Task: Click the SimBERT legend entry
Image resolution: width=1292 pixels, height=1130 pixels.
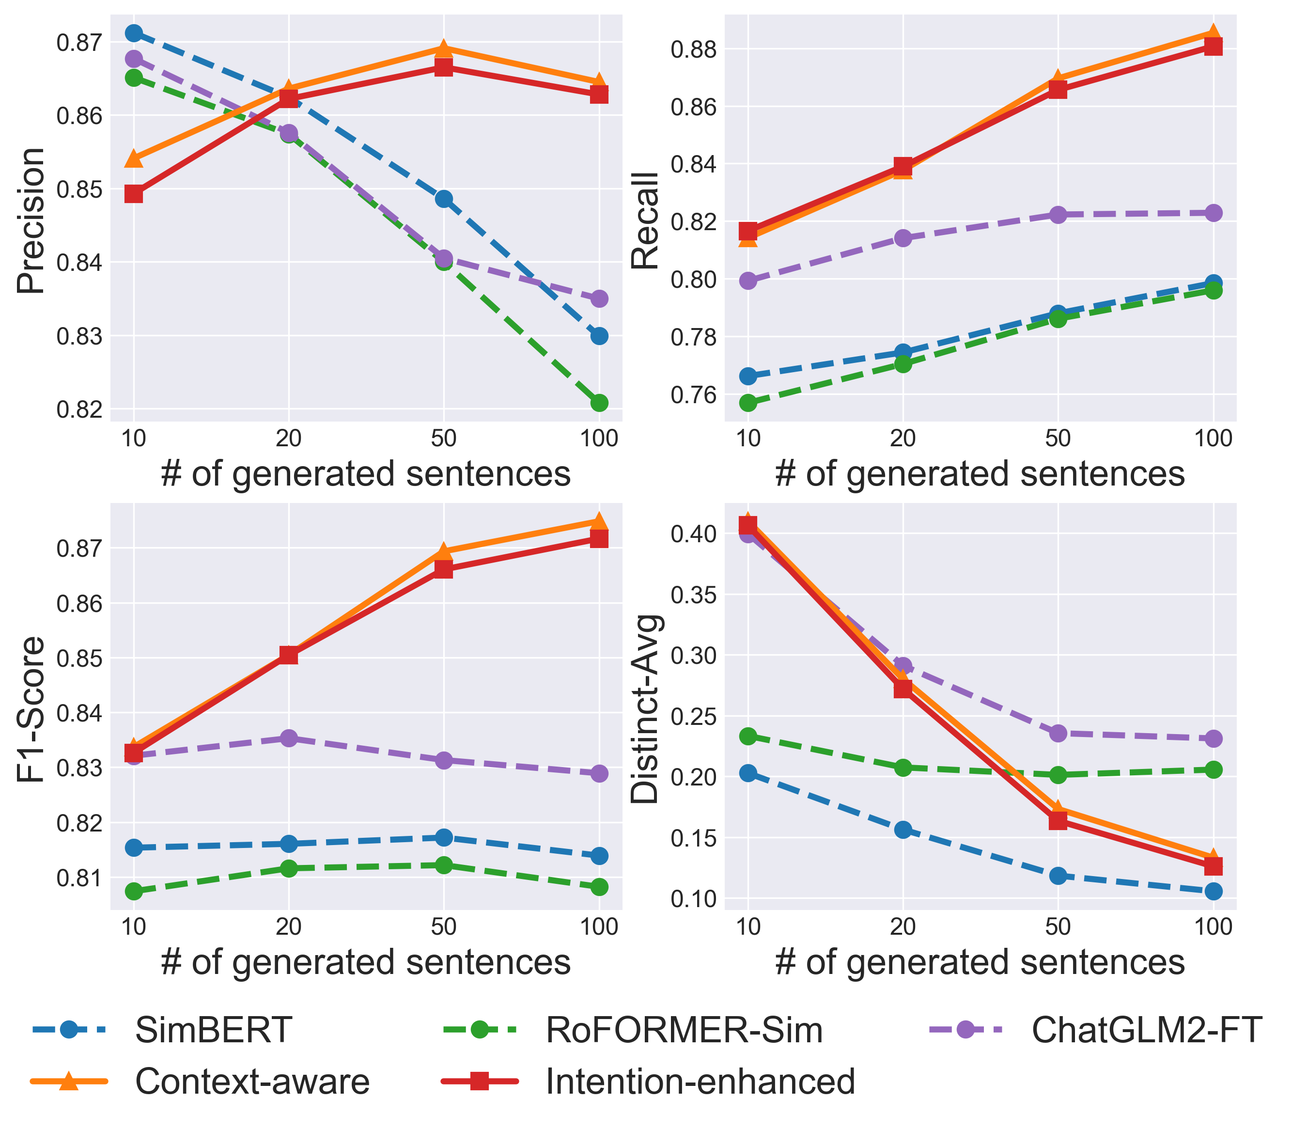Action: coord(213,1030)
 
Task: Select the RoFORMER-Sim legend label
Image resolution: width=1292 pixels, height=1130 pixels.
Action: coord(684,1030)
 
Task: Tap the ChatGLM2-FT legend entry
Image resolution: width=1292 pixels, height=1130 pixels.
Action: coord(1146,1030)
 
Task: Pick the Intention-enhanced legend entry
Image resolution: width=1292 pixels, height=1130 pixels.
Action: coord(700,1082)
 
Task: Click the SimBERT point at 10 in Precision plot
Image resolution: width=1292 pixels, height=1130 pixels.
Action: coord(134,33)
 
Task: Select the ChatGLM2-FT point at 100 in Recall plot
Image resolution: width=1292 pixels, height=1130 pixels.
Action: coord(1213,213)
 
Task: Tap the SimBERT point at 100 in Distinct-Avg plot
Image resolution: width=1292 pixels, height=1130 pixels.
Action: coord(1213,891)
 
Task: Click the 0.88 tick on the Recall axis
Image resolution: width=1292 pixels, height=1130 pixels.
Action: coord(694,49)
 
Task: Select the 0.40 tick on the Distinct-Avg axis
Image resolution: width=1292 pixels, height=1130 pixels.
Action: coord(694,534)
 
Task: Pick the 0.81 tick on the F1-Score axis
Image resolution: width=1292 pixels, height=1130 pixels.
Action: coord(79,878)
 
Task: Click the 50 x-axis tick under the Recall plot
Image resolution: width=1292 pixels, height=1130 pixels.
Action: coord(1058,438)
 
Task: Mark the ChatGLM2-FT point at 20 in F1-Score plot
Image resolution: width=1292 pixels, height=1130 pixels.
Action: coord(289,738)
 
